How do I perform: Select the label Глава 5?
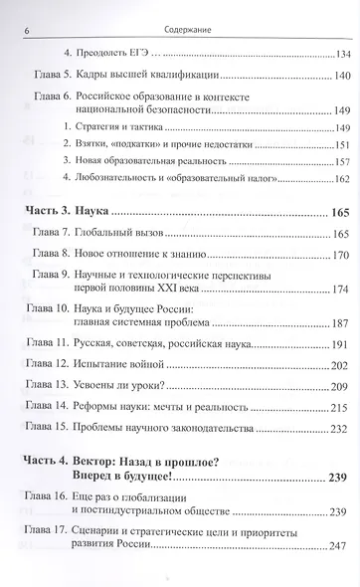click(48, 77)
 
